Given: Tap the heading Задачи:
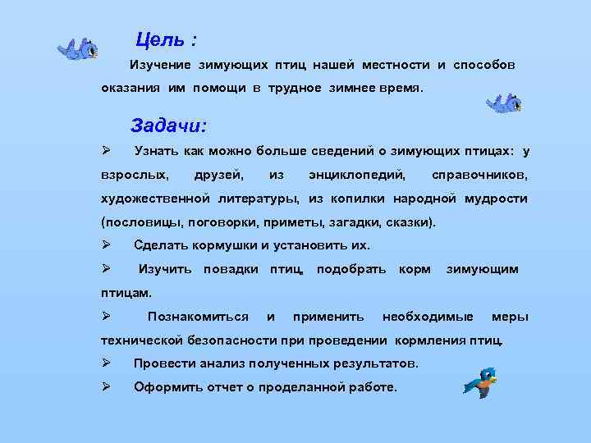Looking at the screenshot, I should point(169,126).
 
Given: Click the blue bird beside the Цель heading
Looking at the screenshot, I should point(78,50).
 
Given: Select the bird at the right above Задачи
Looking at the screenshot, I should point(503,104).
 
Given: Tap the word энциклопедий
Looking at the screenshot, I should point(357,175).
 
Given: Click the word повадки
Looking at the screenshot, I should point(231,269).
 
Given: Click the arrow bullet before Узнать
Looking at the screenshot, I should point(106,151).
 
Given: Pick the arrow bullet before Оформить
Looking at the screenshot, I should point(106,386).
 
